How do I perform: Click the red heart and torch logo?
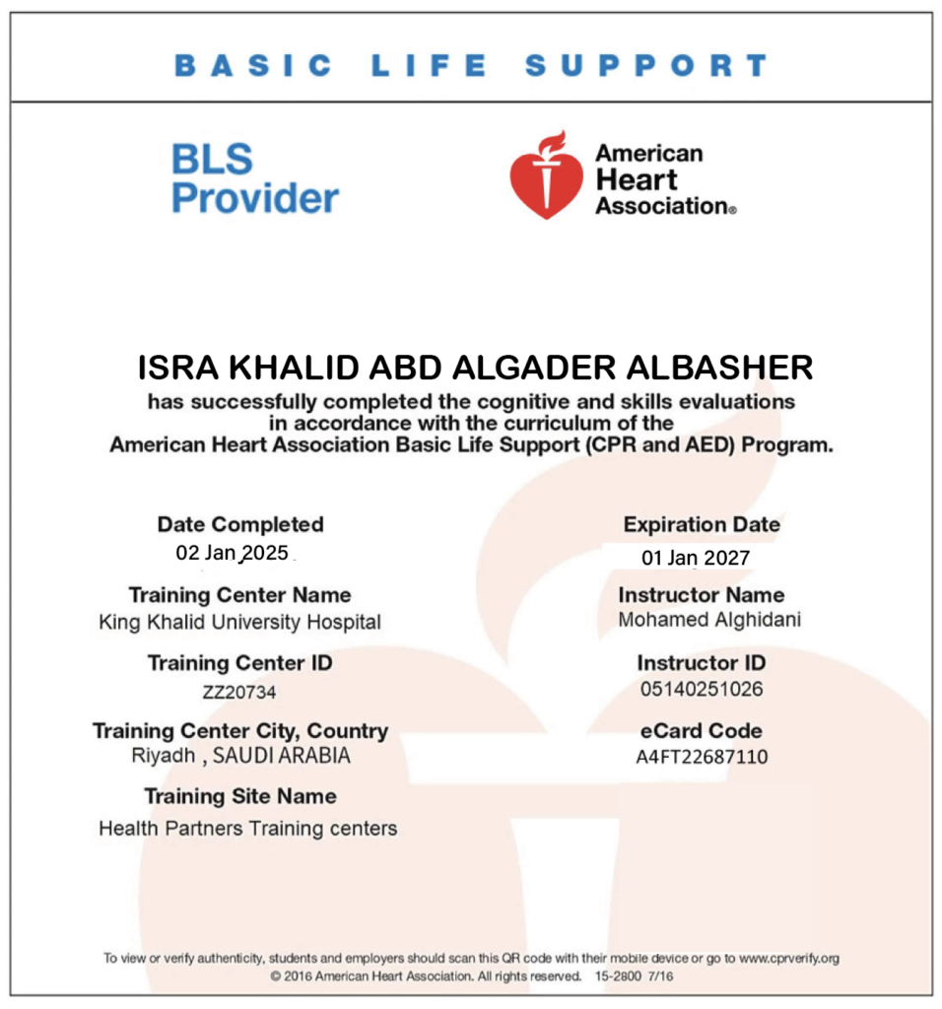point(545,174)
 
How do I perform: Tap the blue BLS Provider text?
point(254,178)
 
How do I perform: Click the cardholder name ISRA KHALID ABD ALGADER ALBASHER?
point(475,368)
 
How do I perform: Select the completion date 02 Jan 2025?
point(233,552)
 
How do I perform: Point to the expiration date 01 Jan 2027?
point(696,558)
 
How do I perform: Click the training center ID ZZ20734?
point(239,693)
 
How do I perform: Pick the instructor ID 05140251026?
point(701,689)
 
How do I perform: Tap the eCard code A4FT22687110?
point(702,757)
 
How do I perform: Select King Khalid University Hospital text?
point(239,622)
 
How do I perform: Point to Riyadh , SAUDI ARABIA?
point(240,757)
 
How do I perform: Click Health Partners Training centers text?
point(247,829)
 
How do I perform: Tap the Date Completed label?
point(240,524)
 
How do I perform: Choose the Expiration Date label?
point(702,524)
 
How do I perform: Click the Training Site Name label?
point(240,796)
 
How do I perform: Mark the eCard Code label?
point(702,731)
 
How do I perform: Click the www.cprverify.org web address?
point(788,958)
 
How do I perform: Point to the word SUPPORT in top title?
point(646,66)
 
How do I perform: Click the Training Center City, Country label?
point(240,731)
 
